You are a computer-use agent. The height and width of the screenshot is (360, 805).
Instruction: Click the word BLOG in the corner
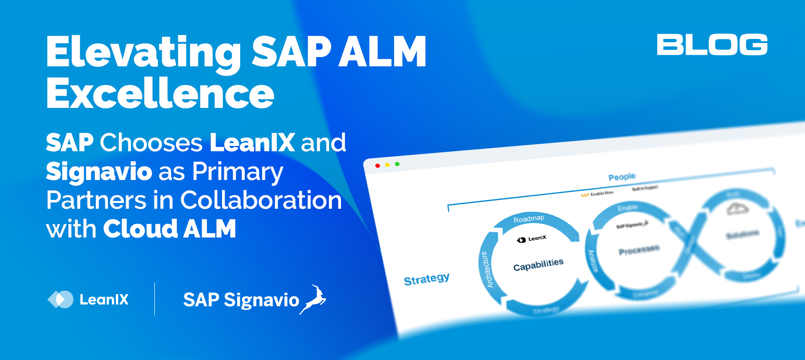coord(712,45)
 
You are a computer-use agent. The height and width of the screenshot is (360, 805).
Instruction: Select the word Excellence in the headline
coord(160,94)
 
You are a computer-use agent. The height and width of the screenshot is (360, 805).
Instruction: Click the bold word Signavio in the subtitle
coord(99,172)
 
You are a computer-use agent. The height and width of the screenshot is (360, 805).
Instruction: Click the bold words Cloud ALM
coord(169,229)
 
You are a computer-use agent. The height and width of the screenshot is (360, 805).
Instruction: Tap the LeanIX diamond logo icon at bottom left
coord(60,299)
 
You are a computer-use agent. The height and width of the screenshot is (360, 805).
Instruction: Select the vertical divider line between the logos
coord(154,299)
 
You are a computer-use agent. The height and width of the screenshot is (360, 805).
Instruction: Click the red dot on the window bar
coord(377,165)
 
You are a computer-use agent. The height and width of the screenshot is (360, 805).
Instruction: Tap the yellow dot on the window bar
coord(387,165)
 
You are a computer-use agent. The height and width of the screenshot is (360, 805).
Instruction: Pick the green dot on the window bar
coord(397,164)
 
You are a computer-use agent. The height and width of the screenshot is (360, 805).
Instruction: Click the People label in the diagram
coord(621,177)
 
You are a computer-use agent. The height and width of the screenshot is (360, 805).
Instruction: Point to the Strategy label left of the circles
coord(426,279)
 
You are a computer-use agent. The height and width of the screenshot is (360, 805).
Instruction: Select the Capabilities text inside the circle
coord(538,265)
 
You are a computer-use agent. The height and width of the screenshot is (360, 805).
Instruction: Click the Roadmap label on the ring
coord(529,219)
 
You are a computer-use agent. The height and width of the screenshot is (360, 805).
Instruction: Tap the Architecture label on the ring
coord(486,270)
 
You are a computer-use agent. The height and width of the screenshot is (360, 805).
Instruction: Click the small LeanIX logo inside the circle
coord(532,239)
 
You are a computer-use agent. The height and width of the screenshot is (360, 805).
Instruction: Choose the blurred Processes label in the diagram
coord(639,250)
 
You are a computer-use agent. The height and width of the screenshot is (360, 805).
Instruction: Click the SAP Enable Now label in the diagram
coord(597,194)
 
